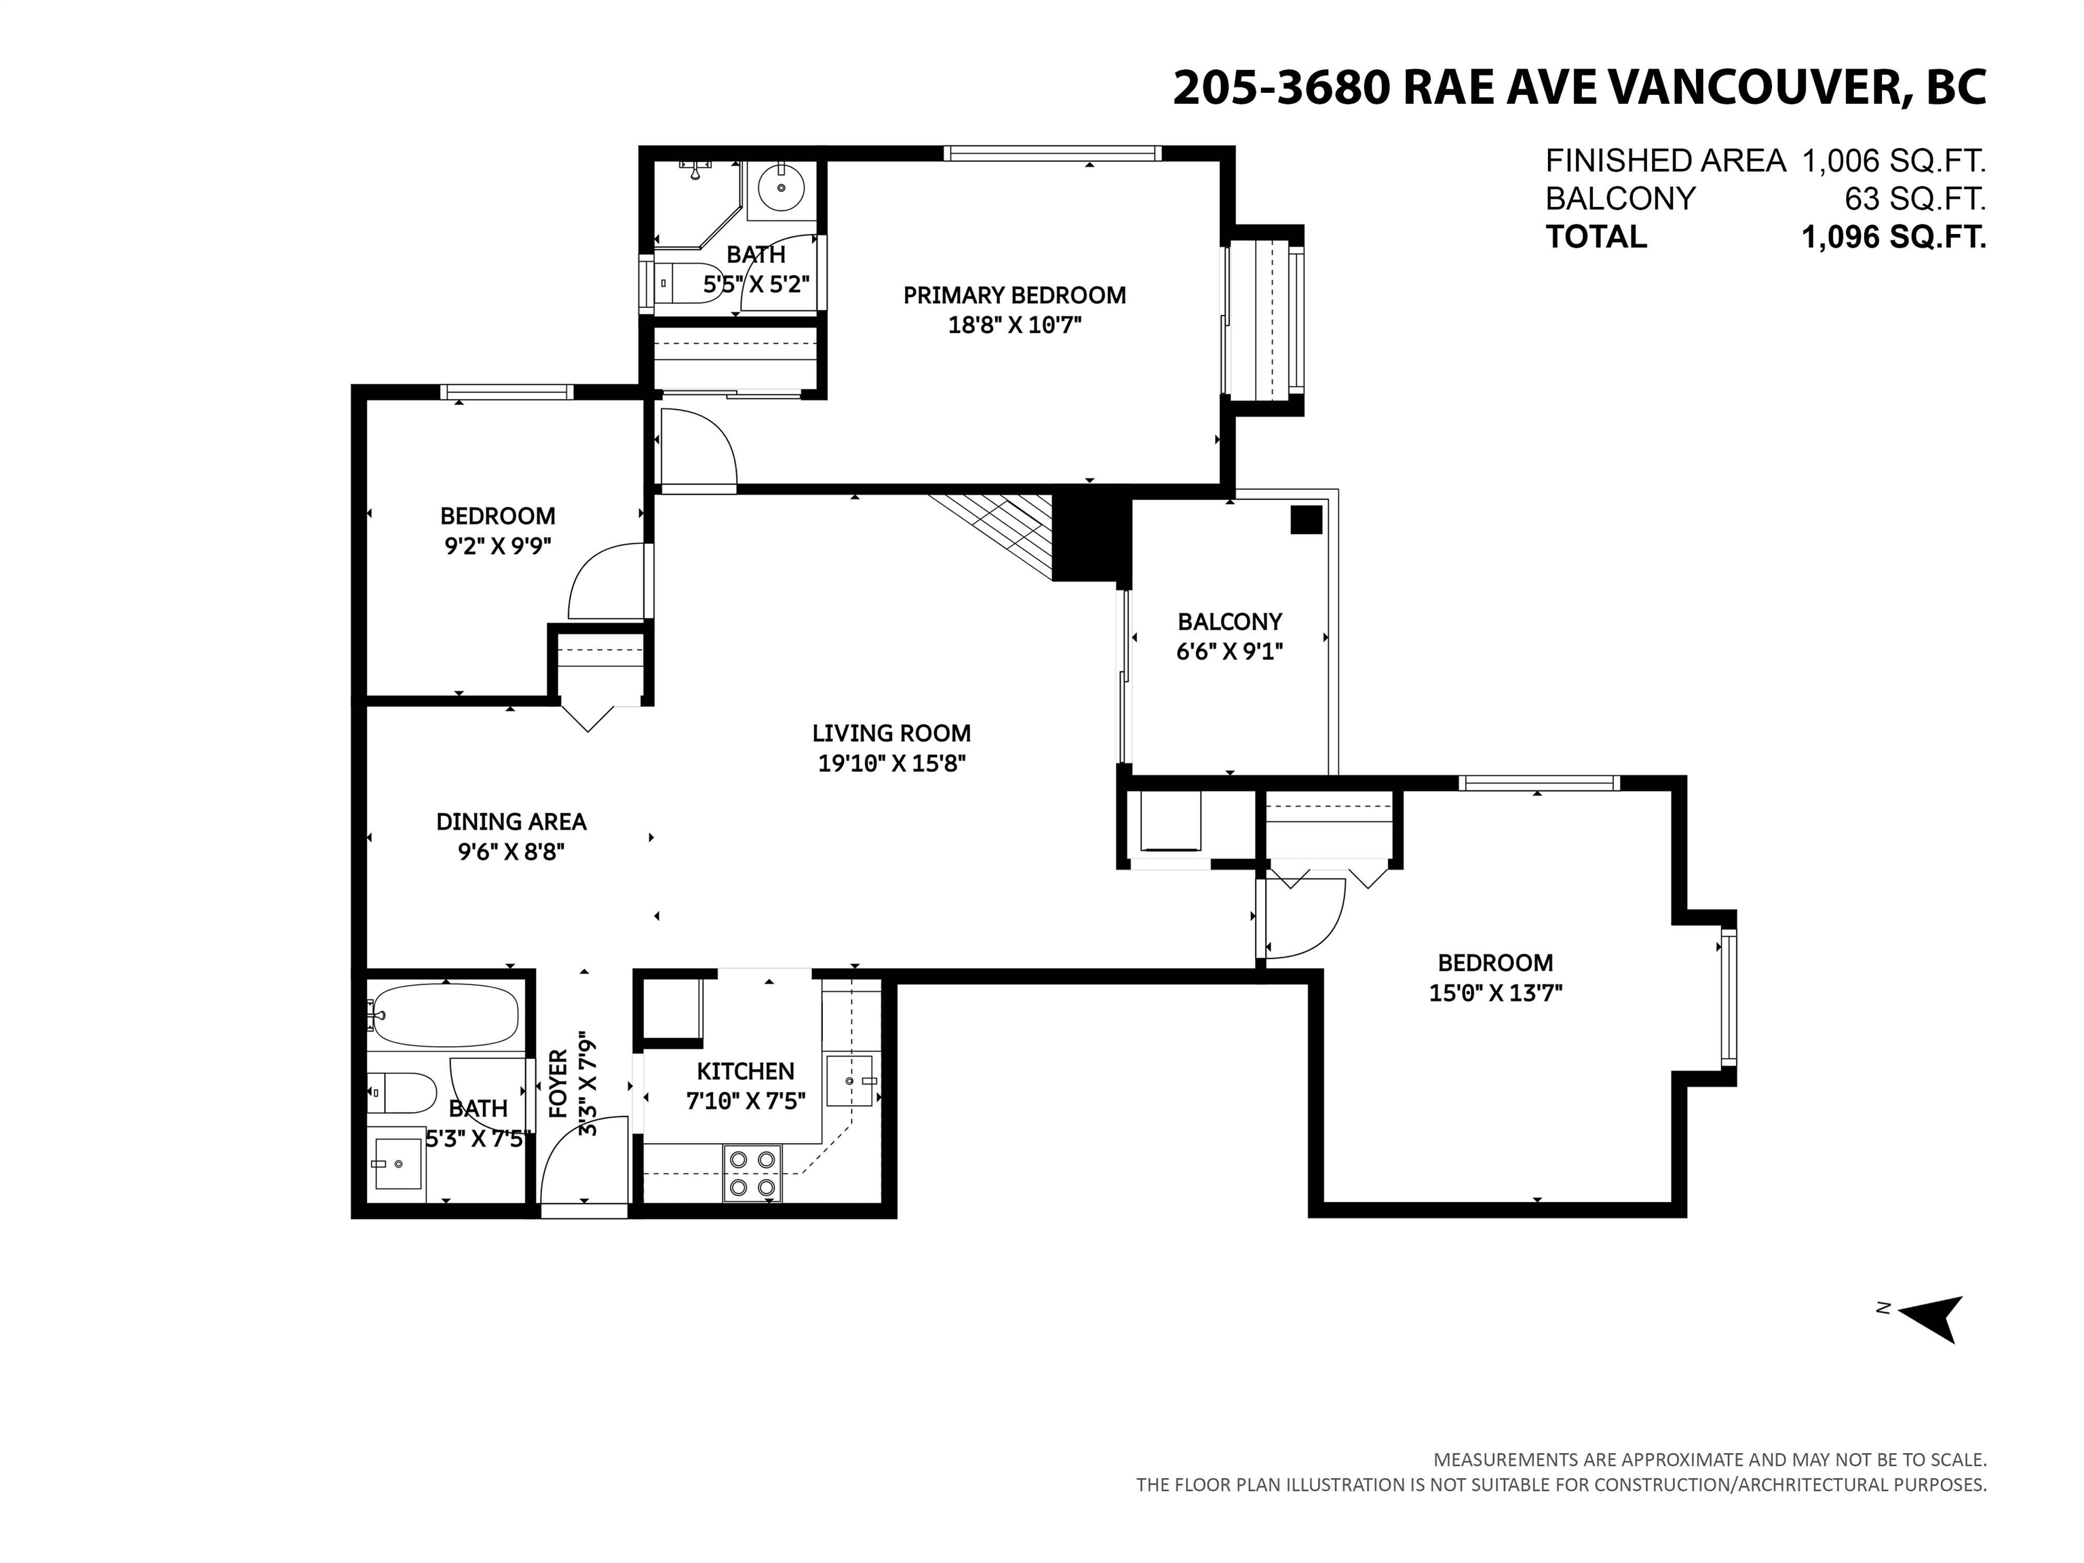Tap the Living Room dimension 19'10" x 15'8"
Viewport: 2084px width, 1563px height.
[891, 763]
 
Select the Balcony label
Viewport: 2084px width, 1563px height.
[1229, 622]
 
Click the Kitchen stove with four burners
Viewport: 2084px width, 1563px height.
[753, 1173]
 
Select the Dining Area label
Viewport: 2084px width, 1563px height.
[511, 822]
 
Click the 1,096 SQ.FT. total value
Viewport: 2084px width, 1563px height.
[1893, 237]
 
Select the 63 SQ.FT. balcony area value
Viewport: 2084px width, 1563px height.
[1914, 199]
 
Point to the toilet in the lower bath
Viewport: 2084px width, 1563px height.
[403, 1093]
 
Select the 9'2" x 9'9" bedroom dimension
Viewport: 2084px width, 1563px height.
[497, 545]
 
